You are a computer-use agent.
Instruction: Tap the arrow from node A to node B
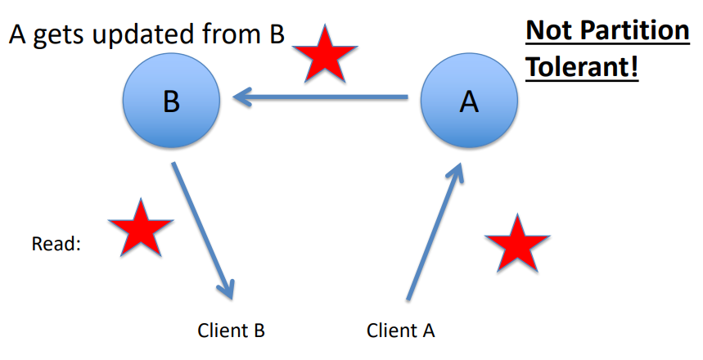[x=327, y=98]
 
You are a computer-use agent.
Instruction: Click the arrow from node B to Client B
[x=202, y=229]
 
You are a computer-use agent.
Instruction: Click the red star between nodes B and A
[x=326, y=54]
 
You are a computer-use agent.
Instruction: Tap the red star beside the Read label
[x=140, y=227]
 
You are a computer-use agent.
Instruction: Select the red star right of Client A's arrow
[x=516, y=243]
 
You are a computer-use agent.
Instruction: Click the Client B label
[x=231, y=331]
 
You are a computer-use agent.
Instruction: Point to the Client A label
[x=400, y=331]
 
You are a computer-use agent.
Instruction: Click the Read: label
[x=56, y=244]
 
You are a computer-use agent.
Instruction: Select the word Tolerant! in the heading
[x=581, y=67]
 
